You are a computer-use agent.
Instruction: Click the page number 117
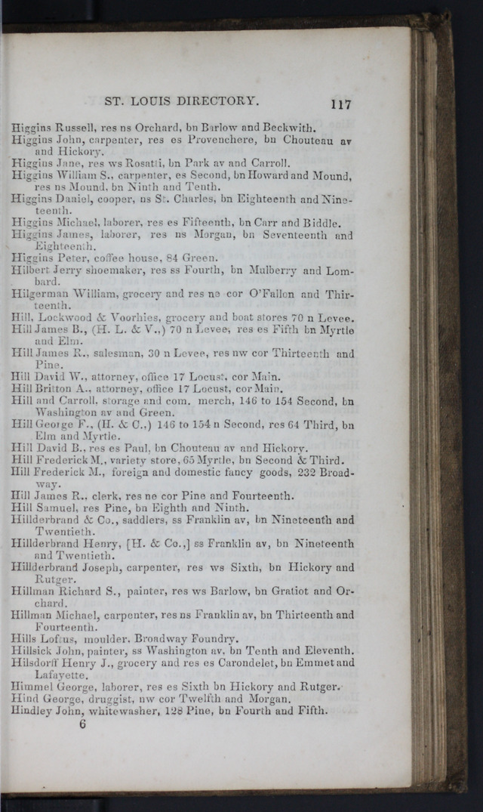click(x=340, y=104)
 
